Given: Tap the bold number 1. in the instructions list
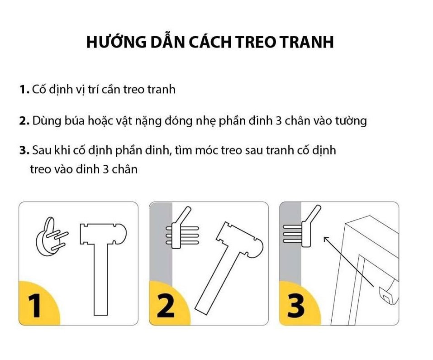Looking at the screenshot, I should pyautogui.click(x=24, y=90).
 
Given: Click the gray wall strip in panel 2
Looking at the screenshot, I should pyautogui.click(x=161, y=263).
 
